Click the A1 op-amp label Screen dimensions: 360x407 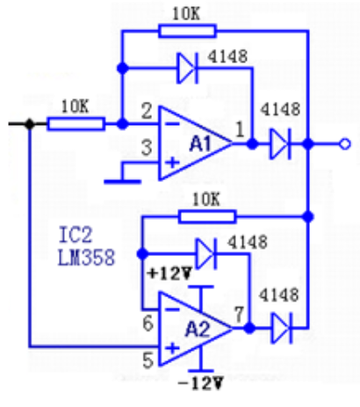(x=200, y=144)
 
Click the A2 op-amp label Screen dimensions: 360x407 (x=198, y=329)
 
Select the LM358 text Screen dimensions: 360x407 (x=86, y=258)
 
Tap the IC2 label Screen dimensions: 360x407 (x=76, y=235)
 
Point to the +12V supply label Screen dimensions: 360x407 (x=169, y=273)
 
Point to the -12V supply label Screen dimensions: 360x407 (x=201, y=383)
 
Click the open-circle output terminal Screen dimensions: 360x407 (x=345, y=144)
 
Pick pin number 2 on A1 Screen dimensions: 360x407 (x=147, y=111)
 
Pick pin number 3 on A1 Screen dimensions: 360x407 (x=147, y=148)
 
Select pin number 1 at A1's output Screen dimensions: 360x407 (x=240, y=129)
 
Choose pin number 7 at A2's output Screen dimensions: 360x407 (x=239, y=315)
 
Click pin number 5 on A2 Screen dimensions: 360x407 (x=148, y=360)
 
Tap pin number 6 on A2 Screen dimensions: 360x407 (x=148, y=323)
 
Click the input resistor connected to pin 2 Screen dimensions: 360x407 (x=76, y=124)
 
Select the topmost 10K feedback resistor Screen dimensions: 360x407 (x=187, y=31)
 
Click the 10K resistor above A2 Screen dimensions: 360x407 (x=207, y=217)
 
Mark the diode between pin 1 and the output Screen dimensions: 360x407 (x=280, y=144)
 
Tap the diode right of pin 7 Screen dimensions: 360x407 (x=282, y=328)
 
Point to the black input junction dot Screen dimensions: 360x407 (x=30, y=124)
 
